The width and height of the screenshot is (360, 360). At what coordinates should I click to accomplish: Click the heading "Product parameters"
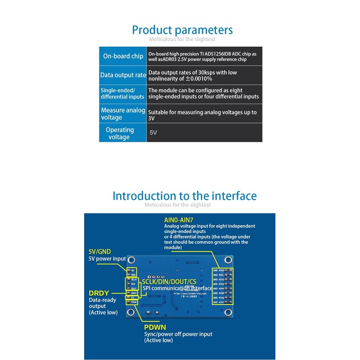[182, 30]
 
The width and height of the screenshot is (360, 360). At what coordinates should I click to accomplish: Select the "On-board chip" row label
[123, 56]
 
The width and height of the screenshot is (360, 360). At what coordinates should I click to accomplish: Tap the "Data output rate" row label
[123, 75]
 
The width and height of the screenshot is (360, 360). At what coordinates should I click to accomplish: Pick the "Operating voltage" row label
[119, 133]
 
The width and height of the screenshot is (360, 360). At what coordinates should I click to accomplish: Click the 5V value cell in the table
[153, 133]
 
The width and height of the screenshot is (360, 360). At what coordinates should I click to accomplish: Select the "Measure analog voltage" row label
[123, 114]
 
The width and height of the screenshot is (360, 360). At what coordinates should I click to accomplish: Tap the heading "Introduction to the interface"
[184, 196]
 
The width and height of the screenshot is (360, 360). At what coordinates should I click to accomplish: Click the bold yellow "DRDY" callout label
[99, 292]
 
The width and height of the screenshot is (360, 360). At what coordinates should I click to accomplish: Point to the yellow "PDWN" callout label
[155, 327]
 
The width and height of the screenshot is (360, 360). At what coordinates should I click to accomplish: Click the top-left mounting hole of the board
[131, 260]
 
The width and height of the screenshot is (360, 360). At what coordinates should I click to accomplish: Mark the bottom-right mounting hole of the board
[231, 314]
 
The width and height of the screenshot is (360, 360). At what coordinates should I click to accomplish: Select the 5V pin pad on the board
[129, 270]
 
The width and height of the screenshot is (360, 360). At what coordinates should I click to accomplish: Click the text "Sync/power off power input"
[178, 334]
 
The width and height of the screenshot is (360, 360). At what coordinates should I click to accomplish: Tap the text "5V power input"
[107, 259]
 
